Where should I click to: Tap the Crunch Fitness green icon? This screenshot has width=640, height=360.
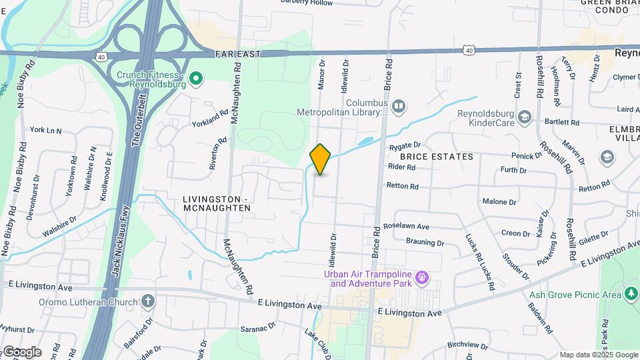(x=195, y=80)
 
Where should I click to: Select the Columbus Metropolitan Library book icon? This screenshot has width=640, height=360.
(x=399, y=105)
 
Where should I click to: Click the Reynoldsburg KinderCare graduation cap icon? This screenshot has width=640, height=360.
(x=525, y=117)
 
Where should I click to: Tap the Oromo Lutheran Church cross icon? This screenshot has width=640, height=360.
(x=148, y=301)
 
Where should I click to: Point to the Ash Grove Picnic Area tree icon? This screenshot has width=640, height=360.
(x=631, y=294)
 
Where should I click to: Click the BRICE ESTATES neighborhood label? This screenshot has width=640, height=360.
(x=437, y=157)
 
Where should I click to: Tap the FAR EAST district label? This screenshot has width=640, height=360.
(x=237, y=53)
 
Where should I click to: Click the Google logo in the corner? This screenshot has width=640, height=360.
(x=21, y=351)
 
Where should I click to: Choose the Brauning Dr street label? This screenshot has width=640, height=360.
(x=425, y=243)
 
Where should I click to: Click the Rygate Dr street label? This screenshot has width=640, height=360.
(x=405, y=145)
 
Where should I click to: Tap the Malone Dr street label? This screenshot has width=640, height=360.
(x=499, y=201)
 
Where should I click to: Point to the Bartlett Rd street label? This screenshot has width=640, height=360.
(x=562, y=123)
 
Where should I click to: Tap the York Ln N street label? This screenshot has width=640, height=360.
(x=45, y=130)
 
